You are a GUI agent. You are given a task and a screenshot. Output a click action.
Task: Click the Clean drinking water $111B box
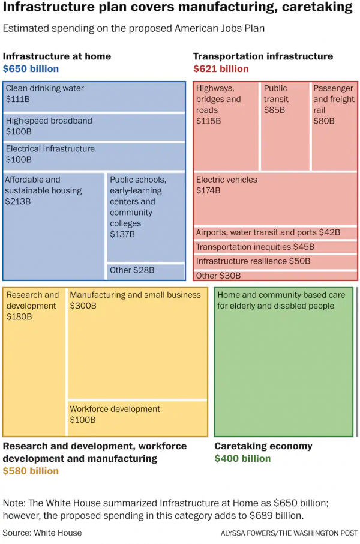94,96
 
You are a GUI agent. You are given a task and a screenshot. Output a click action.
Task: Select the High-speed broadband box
94,127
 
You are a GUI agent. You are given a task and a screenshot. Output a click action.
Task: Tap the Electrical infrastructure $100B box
94,156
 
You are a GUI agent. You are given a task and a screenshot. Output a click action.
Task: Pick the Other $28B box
146,271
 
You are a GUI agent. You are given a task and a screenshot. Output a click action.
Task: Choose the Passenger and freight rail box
334,126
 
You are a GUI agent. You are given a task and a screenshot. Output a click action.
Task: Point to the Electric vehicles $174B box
275,199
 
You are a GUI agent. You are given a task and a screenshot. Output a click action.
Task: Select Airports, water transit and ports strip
275,232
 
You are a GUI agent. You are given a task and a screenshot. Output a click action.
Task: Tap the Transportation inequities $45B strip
275,247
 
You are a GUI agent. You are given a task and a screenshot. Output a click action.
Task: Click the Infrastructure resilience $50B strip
275,261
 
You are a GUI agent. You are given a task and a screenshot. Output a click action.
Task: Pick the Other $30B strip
275,276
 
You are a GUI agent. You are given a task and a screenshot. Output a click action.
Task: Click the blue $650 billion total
31,69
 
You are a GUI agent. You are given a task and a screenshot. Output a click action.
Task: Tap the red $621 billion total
221,69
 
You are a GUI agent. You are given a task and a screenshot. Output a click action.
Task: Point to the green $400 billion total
242,459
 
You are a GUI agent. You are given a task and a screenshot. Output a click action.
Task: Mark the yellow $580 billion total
31,471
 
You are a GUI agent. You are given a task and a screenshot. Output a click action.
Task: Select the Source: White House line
42,533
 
